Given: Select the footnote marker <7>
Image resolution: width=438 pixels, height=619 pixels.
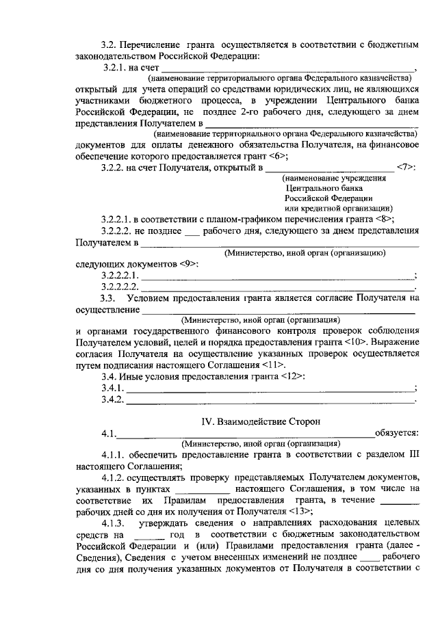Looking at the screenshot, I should click(x=406, y=168).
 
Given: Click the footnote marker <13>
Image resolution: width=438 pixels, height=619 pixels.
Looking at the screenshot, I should click(x=302, y=512).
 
